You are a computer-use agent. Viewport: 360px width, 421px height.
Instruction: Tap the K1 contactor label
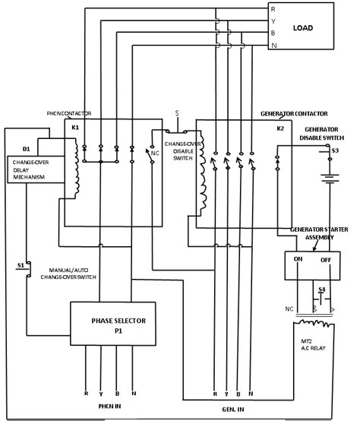(x=75, y=128)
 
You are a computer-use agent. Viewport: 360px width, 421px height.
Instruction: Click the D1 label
(x=26, y=149)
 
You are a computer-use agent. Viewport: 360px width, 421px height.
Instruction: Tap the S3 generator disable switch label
(x=333, y=150)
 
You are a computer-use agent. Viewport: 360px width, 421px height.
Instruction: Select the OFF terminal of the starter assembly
(x=326, y=260)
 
